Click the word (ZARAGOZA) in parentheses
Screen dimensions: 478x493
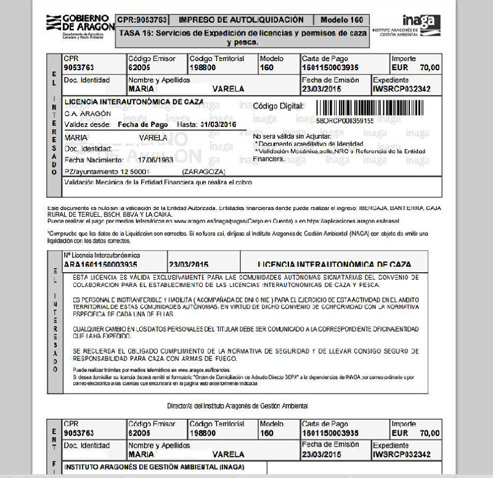click(x=205, y=171)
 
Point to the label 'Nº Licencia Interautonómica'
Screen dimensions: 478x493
click(x=102, y=254)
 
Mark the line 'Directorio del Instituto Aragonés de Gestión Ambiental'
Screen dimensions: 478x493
click(x=237, y=406)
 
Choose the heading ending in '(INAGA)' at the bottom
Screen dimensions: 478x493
click(x=154, y=466)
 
